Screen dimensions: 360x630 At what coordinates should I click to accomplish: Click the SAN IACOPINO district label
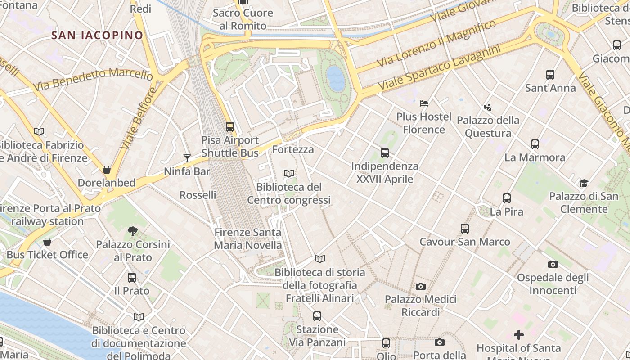pos(97,35)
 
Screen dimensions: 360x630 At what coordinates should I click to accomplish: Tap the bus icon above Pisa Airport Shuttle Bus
pos(230,127)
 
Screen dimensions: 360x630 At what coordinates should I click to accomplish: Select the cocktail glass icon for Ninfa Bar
pos(187,158)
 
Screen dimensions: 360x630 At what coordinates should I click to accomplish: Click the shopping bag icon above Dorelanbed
pos(107,170)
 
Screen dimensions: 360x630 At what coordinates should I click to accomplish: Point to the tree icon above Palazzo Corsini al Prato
pos(133,231)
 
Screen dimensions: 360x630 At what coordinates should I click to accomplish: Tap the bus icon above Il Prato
pos(132,278)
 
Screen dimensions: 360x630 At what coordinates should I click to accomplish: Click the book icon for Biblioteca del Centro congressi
pos(289,173)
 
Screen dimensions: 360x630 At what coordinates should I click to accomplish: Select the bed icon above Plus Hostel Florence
pos(424,103)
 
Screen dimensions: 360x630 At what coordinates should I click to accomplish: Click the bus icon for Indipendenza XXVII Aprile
pos(385,153)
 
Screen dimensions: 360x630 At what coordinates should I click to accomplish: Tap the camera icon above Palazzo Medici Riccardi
pos(421,286)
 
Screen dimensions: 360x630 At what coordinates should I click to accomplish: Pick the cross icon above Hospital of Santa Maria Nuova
pos(519,335)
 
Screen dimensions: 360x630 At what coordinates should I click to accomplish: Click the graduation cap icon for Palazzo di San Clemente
pos(584,183)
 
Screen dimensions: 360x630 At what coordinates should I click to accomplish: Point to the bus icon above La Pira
pos(507,198)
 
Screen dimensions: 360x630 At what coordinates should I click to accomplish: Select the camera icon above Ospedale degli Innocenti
pos(553,264)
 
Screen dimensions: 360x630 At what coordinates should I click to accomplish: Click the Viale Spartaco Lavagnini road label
pos(439,67)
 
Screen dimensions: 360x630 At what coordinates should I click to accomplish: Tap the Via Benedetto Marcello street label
pos(93,79)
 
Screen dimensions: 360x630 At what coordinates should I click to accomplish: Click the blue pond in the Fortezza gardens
pos(336,78)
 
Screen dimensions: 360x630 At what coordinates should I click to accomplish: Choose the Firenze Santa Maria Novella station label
pos(248,239)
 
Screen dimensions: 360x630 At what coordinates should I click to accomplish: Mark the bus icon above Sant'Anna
pos(550,75)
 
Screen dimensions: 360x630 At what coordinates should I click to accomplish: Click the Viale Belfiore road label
pos(138,118)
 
